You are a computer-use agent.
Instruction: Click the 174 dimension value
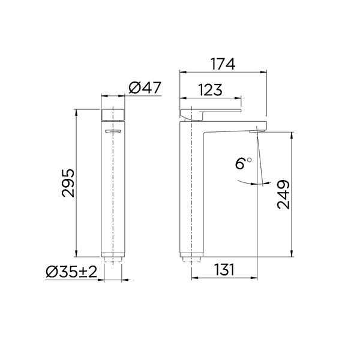[x=223, y=64]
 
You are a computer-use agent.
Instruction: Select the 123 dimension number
[x=211, y=90]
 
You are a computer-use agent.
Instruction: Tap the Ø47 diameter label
[x=145, y=88]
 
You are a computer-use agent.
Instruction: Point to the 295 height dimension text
[x=68, y=183]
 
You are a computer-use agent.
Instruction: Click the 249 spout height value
[x=284, y=194]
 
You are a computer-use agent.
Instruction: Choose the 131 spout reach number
[x=224, y=269]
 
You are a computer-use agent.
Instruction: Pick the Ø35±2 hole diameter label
[x=71, y=272]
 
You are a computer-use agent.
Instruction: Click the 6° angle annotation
[x=244, y=163]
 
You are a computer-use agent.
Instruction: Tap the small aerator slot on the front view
[x=113, y=131]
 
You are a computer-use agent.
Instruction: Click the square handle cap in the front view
[x=113, y=115]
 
